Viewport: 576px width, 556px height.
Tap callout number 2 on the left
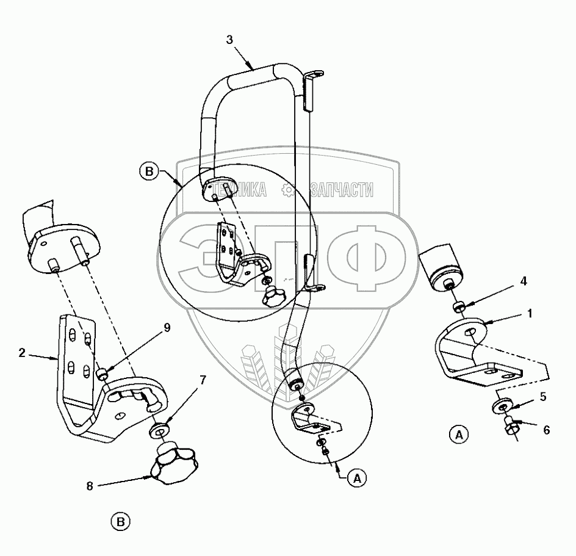[x=22, y=352]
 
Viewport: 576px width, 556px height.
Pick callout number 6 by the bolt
[x=546, y=430]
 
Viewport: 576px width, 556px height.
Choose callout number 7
[x=202, y=380]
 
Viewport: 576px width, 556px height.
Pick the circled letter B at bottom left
[x=121, y=522]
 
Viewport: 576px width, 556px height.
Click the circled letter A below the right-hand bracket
[x=458, y=435]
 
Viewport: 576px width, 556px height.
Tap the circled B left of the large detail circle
[x=149, y=171]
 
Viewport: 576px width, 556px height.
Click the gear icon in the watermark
[x=288, y=190]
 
